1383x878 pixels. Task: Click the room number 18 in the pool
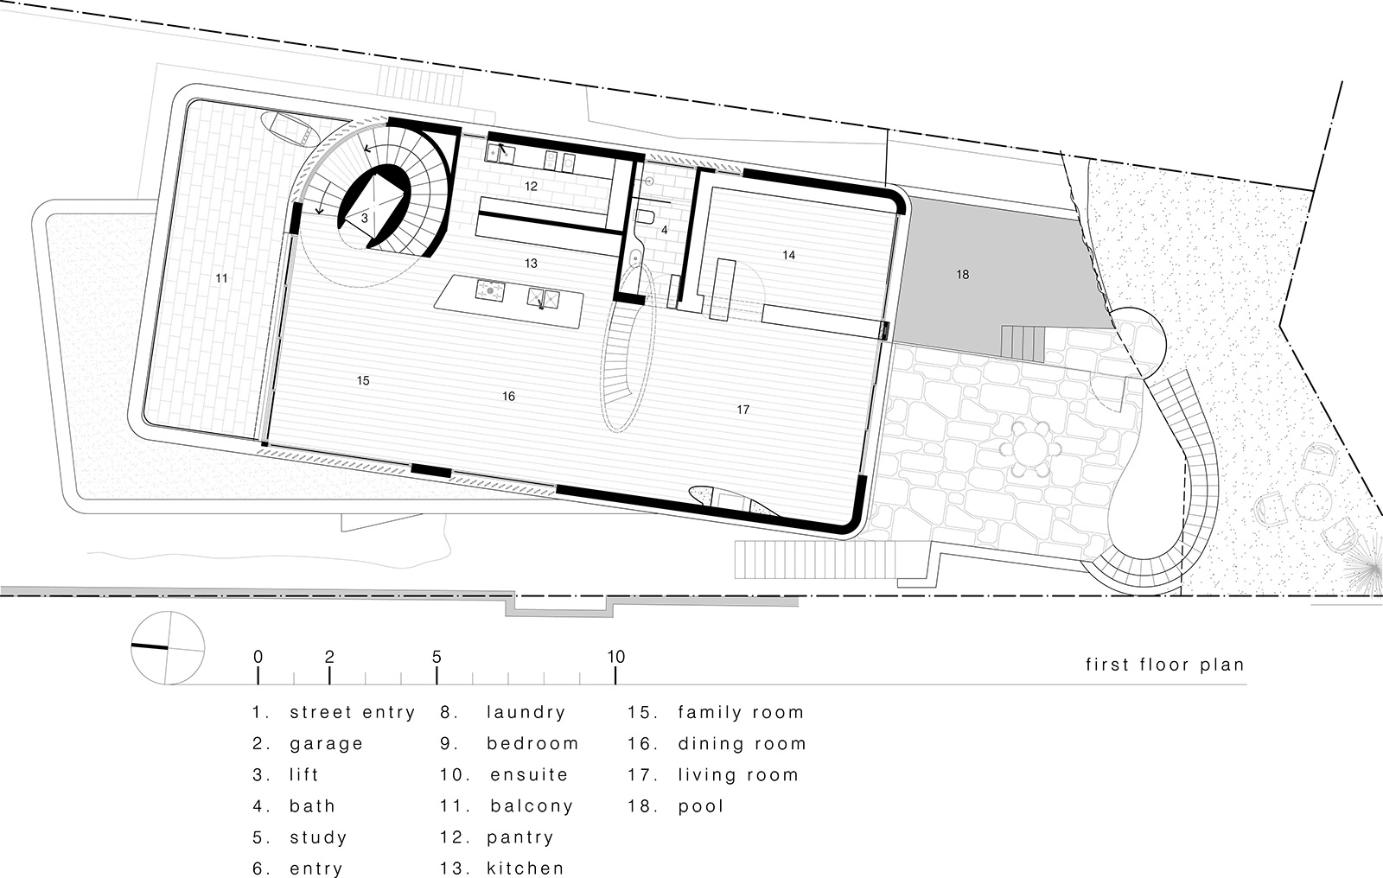click(x=962, y=275)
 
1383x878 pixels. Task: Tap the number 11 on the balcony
click(x=222, y=278)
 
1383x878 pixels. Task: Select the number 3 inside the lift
click(x=365, y=219)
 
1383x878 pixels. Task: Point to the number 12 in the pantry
click(x=531, y=186)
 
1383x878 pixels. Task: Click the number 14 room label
click(x=788, y=255)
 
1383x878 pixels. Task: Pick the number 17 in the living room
click(x=743, y=410)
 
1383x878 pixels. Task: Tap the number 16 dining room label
click(x=508, y=396)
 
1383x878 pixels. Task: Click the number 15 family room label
click(x=363, y=380)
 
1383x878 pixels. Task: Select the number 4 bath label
click(x=664, y=231)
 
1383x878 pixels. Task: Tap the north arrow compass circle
click(x=169, y=647)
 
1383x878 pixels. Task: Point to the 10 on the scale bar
click(x=615, y=657)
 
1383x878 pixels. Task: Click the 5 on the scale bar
click(x=437, y=657)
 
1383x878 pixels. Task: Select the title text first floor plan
click(x=1164, y=665)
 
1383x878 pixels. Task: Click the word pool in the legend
click(x=701, y=806)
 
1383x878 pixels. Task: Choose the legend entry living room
click(x=738, y=775)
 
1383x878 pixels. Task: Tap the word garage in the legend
click(x=326, y=744)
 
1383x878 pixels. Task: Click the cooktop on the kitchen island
click(x=490, y=291)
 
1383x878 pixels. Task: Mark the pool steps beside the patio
click(x=1023, y=343)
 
